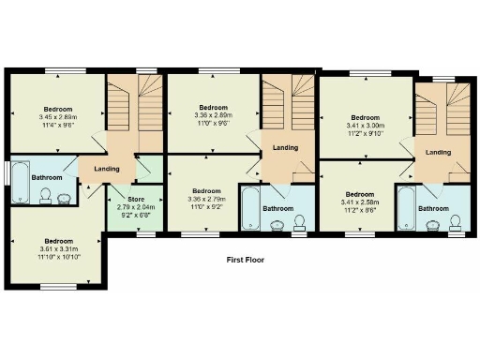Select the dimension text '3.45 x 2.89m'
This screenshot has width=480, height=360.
point(57,116)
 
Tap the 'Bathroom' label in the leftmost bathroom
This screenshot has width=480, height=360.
point(47,177)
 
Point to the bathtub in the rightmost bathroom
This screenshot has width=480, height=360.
point(405,209)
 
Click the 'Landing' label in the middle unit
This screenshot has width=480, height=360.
point(285,147)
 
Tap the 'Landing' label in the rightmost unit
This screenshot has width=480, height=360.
point(438,152)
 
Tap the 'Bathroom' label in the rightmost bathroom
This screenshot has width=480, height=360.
point(433,208)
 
